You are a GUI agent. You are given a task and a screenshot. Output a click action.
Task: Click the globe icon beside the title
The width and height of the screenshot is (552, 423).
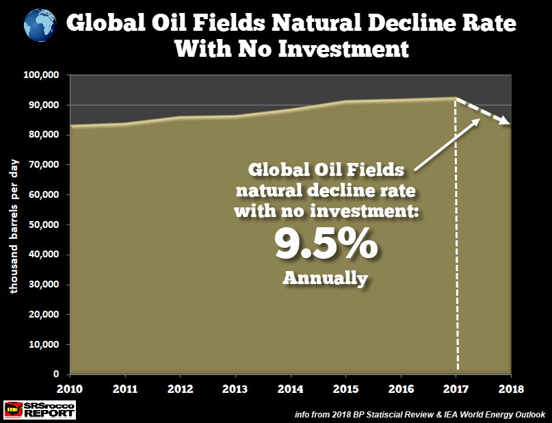click(x=40, y=25)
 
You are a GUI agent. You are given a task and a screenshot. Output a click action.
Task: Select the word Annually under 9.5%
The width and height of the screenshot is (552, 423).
click(x=326, y=279)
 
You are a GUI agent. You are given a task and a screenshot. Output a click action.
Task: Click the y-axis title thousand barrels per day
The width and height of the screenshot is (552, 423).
click(x=14, y=226)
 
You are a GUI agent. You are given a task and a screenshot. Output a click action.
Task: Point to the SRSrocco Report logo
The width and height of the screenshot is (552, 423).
click(x=40, y=409)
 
